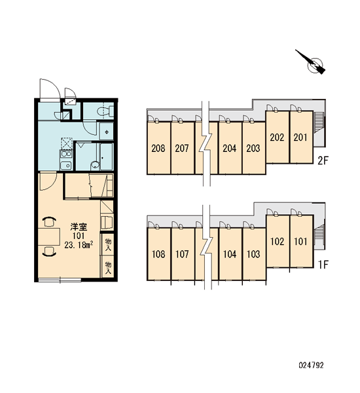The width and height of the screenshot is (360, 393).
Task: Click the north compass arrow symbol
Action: point(312,63)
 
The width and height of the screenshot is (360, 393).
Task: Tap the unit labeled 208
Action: point(158,148)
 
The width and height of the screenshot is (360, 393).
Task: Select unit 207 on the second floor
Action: point(182,148)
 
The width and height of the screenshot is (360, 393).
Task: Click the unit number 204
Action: point(230,148)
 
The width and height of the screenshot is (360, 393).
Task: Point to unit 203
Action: point(253,148)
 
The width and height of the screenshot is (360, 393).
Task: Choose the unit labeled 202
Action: point(277,138)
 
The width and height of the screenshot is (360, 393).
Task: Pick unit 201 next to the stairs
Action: point(300,138)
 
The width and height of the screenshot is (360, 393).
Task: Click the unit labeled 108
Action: point(158,254)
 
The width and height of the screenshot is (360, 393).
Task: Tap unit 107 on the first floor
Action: point(182,254)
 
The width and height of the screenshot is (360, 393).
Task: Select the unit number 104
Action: point(230,254)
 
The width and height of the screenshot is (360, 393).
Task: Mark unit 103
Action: point(253,254)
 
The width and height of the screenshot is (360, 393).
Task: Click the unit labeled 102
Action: point(278,241)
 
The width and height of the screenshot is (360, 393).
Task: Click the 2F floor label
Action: point(323,160)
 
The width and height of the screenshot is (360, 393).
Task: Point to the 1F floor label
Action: point(323,265)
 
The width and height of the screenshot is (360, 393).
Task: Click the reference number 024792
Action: point(311,365)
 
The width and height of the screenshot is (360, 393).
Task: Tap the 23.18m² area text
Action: point(79,244)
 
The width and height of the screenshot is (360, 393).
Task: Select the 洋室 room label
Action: point(79,227)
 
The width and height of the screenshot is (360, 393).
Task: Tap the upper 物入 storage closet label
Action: point(108,244)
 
